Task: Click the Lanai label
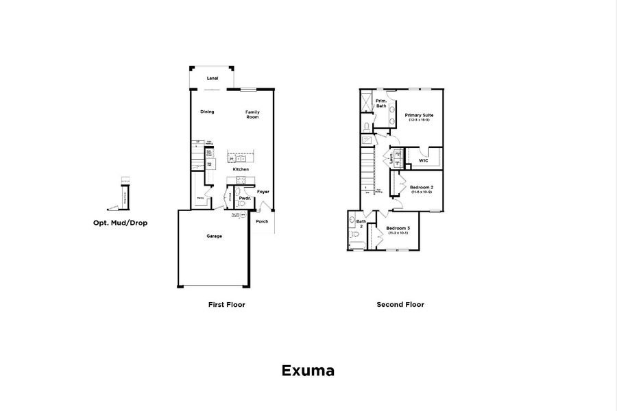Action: click(213, 78)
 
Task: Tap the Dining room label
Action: click(207, 112)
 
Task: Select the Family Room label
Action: click(252, 114)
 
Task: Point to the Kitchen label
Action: click(240, 169)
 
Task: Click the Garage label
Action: click(214, 236)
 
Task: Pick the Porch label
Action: click(262, 221)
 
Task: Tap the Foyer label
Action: click(263, 192)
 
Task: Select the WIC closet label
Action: click(423, 161)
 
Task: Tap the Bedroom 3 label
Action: click(398, 229)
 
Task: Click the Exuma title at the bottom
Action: click(308, 371)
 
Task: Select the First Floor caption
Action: click(226, 304)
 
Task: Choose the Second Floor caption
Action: click(400, 304)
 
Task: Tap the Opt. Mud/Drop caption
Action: click(120, 223)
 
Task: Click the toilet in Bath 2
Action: click(354, 235)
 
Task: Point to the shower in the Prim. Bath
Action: click(367, 102)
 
